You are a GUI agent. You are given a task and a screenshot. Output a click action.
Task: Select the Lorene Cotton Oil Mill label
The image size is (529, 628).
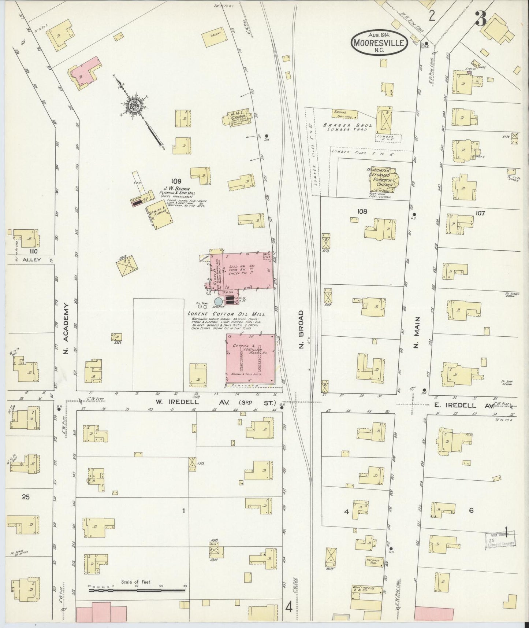pyautogui.click(x=226, y=314)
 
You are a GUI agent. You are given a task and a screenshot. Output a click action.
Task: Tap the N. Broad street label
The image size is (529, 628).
pyautogui.click(x=301, y=330)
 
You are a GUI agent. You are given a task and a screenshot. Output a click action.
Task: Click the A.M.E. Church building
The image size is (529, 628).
pyautogui.click(x=237, y=117)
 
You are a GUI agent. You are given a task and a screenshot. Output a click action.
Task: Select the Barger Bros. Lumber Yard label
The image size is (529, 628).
pyautogui.click(x=347, y=127)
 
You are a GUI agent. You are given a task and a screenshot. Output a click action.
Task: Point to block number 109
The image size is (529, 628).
pyautogui.click(x=176, y=181)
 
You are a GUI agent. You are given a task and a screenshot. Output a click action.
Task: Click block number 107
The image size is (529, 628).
pyautogui.click(x=480, y=213)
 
